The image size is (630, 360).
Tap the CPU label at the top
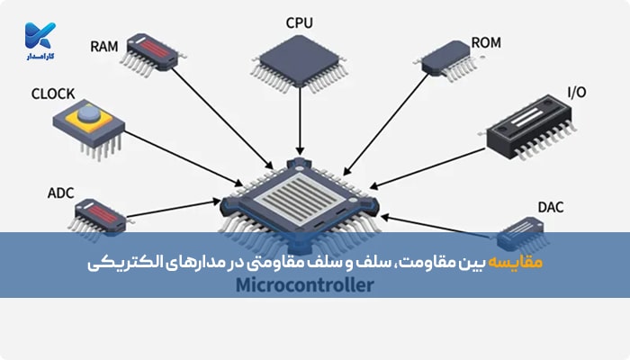(x=301, y=22)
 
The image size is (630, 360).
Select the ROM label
(x=487, y=43)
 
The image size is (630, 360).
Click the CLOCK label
(x=52, y=93)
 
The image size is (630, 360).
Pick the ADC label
(x=59, y=192)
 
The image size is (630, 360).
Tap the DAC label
(x=550, y=208)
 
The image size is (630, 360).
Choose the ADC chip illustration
(x=96, y=216)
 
